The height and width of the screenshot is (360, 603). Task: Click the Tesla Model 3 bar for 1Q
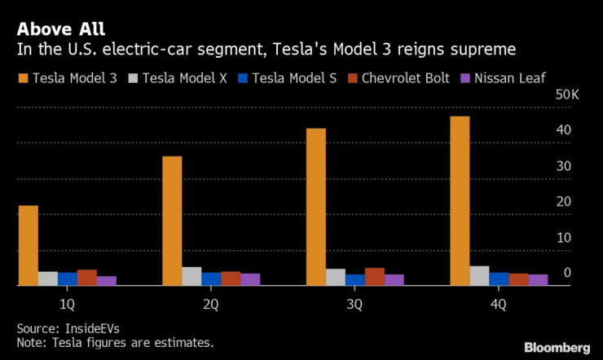[x=29, y=245]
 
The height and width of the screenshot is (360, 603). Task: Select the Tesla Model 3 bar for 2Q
[x=172, y=221]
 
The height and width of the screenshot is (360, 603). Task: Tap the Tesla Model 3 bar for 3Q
[x=315, y=207]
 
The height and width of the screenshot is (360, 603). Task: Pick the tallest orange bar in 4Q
[x=460, y=201]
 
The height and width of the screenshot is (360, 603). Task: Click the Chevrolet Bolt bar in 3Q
[x=374, y=277]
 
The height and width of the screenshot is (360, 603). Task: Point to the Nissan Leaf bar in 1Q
[x=107, y=281]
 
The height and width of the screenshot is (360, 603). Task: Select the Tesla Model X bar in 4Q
[x=479, y=276]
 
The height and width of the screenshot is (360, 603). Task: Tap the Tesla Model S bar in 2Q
[x=211, y=279]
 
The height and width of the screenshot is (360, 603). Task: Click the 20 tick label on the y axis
[x=562, y=202]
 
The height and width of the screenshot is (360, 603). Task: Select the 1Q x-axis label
[x=68, y=305]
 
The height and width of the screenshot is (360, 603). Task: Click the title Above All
[x=60, y=29]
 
